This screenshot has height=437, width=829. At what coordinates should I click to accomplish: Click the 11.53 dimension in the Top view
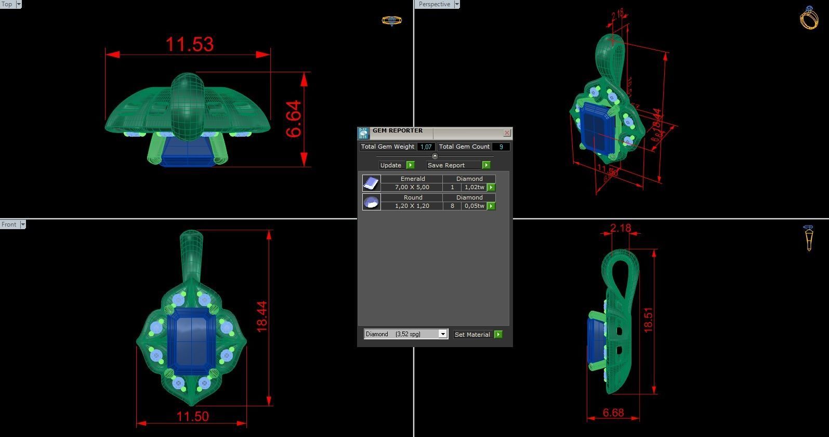tap(189, 44)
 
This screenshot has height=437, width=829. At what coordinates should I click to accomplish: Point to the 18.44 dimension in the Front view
tap(262, 316)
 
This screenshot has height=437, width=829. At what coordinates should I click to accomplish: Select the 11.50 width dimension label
tap(192, 417)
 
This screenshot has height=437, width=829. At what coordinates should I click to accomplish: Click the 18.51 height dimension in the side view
tap(648, 320)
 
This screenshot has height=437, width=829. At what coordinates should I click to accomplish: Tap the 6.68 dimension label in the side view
tap(613, 413)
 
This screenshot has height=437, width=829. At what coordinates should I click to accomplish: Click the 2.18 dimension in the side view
tap(621, 228)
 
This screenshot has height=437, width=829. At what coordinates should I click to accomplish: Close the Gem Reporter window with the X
tap(507, 133)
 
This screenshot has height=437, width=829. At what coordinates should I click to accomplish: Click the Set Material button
tap(472, 335)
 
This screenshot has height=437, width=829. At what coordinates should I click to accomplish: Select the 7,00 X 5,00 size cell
tap(412, 187)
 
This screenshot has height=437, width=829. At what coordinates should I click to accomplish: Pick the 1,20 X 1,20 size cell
tap(412, 206)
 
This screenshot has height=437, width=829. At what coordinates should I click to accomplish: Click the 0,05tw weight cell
tap(474, 206)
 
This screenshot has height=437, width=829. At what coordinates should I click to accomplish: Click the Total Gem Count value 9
tap(501, 147)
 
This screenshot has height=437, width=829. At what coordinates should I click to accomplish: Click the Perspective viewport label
tap(435, 4)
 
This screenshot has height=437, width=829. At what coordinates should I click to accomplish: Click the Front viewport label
tap(9, 224)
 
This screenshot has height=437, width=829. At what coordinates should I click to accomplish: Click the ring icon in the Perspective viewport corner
tap(809, 18)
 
